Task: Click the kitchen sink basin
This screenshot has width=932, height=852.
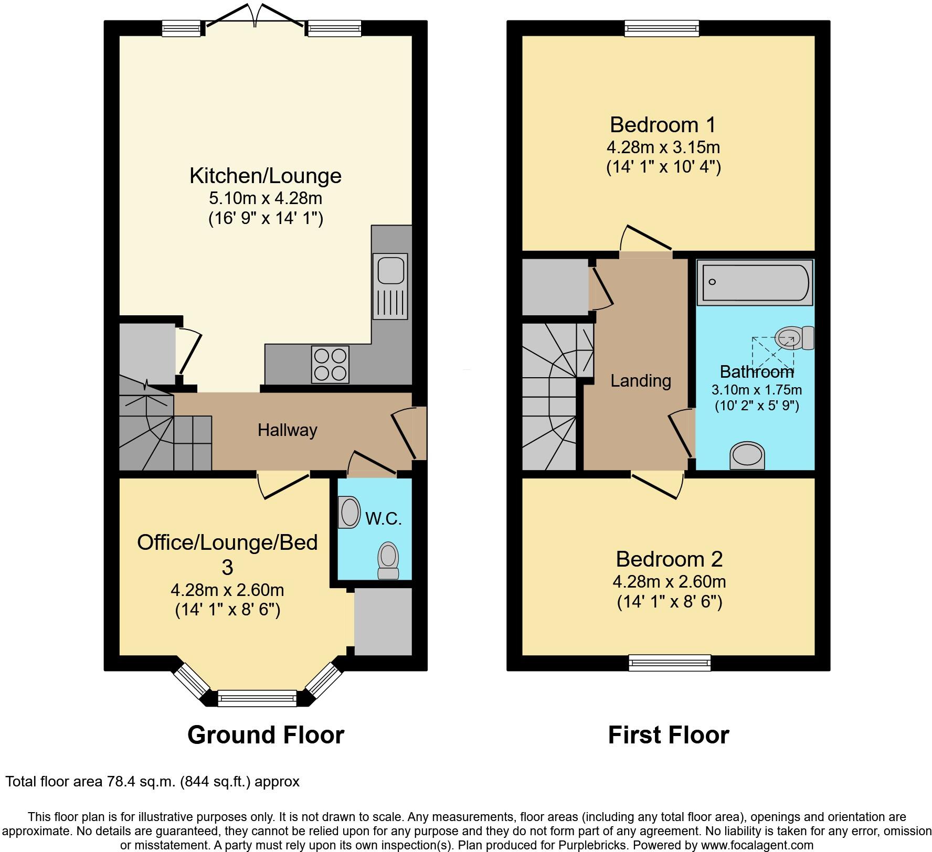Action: tap(389, 272)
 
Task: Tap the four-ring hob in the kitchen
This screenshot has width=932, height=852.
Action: tap(330, 364)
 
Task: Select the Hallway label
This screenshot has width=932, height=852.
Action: tap(287, 430)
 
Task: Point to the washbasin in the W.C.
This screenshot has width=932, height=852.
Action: tap(349, 513)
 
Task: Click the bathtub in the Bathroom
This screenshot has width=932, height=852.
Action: tap(755, 282)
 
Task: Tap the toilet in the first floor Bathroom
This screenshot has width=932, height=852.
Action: tap(793, 338)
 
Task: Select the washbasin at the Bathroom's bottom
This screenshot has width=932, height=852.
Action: tap(747, 455)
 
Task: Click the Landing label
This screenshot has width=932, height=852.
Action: tap(640, 380)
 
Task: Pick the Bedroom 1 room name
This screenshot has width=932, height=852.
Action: tap(663, 125)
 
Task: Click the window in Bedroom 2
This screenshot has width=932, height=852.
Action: tap(670, 663)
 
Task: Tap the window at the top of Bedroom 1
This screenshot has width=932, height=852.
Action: tap(661, 28)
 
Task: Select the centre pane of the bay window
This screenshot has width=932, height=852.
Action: tap(257, 698)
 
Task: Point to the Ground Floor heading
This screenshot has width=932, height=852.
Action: tap(266, 735)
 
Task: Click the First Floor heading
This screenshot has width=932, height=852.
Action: tap(668, 735)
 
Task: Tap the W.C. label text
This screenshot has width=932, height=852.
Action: tap(383, 519)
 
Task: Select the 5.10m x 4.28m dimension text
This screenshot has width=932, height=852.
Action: tap(265, 198)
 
